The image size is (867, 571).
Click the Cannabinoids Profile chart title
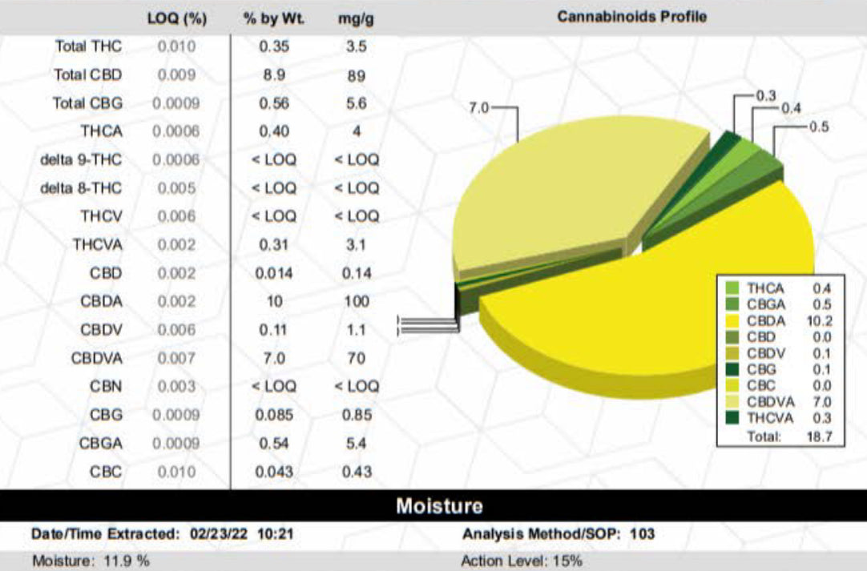click(631, 16)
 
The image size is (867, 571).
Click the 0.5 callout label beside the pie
click(819, 127)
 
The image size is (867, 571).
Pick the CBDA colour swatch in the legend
click(732, 320)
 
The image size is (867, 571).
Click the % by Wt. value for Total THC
click(274, 46)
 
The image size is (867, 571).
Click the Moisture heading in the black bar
click(440, 506)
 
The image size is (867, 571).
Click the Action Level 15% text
click(522, 561)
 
